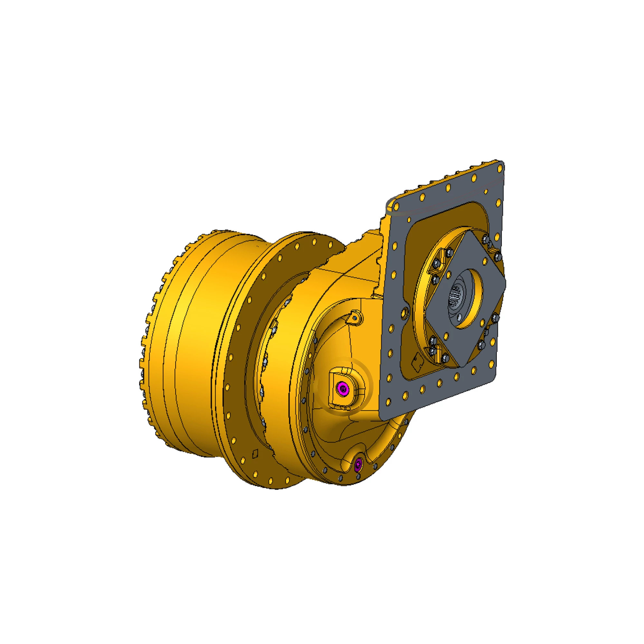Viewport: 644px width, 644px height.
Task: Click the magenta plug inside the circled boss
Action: point(343,388)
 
